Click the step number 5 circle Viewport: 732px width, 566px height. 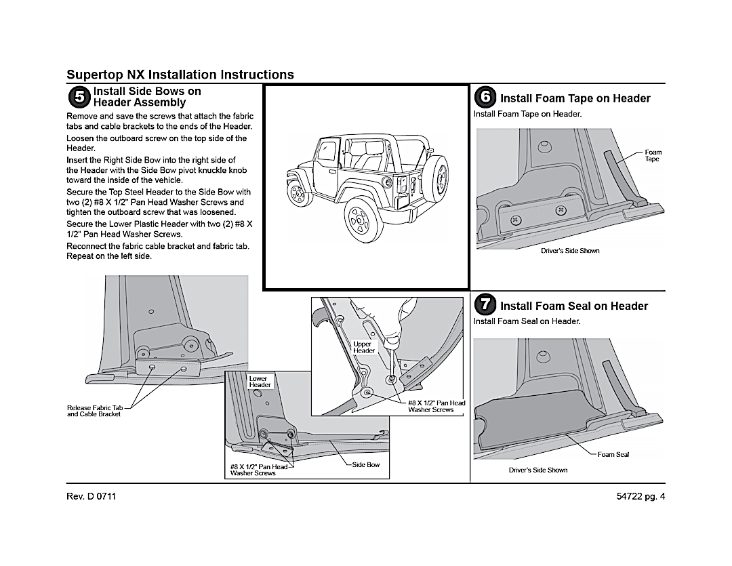79,97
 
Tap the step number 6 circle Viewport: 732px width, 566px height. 485,97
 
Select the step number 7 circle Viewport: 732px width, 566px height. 485,305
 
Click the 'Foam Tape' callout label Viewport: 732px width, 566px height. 652,155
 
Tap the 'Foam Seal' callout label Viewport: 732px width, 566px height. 613,454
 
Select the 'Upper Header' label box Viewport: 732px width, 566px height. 363,347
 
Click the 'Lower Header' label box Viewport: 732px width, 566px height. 260,382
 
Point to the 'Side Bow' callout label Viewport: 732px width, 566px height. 366,465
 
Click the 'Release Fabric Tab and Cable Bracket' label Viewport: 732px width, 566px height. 94,411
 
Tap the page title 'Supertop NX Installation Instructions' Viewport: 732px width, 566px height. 180,75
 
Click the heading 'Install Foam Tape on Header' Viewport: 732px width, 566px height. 575,98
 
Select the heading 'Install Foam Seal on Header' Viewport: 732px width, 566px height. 574,306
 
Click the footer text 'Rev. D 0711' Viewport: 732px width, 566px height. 91,496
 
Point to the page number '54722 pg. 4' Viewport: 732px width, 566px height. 637,496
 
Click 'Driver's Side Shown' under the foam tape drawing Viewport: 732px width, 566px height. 570,251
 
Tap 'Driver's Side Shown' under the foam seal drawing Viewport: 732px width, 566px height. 538,470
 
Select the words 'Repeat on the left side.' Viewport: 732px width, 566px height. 109,256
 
